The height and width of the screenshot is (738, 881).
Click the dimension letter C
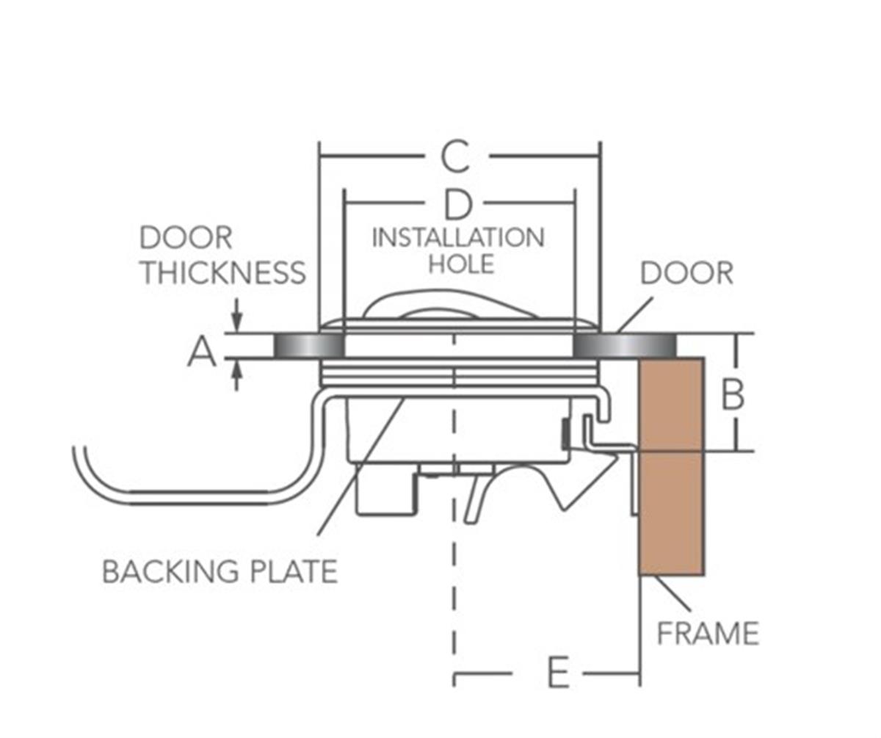click(456, 156)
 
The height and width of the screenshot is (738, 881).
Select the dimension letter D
click(458, 206)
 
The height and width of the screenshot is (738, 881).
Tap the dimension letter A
click(202, 352)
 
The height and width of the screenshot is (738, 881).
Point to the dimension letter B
click(732, 395)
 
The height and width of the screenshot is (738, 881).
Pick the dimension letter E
click(558, 673)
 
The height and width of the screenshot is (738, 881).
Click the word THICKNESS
click(223, 272)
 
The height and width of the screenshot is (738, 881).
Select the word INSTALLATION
click(458, 238)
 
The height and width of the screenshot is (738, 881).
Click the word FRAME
click(707, 633)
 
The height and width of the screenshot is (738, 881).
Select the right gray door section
click(624, 345)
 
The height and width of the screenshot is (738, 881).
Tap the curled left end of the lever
click(81, 459)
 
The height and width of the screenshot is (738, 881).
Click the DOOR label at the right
click(686, 273)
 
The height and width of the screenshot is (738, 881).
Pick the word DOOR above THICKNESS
click(186, 238)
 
